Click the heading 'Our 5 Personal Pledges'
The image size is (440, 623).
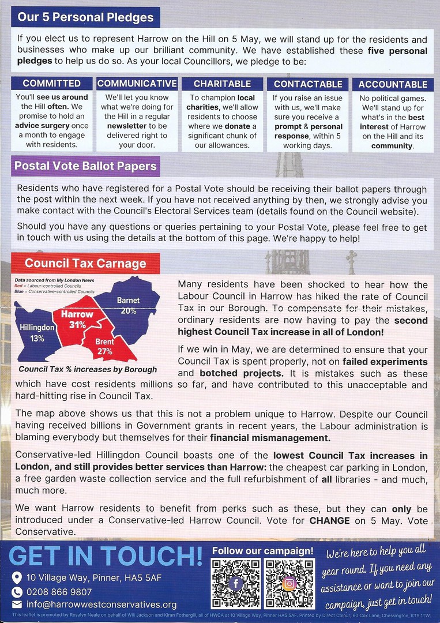click(x=85, y=17)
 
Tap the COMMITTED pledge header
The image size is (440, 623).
click(x=52, y=84)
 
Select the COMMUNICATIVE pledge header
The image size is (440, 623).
click(x=137, y=84)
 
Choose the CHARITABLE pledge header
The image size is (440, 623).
click(x=222, y=84)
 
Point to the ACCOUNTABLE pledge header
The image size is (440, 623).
click(x=393, y=84)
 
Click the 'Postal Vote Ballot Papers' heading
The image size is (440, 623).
click(x=85, y=167)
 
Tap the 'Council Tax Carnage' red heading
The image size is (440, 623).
click(x=85, y=264)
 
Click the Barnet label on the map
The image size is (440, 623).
click(x=128, y=301)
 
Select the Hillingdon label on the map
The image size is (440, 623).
click(x=37, y=327)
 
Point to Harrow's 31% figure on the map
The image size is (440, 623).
click(x=77, y=325)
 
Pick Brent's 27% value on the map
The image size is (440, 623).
click(x=104, y=351)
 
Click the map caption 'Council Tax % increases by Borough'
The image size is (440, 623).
click(x=87, y=369)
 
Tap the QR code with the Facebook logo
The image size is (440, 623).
click(x=235, y=583)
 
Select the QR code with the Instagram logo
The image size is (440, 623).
click(x=289, y=583)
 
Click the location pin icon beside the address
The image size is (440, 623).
click(x=17, y=577)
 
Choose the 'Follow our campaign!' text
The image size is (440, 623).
click(x=263, y=551)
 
